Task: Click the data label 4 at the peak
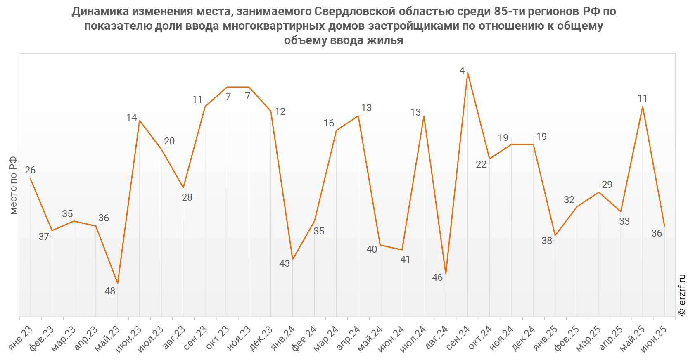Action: (x=462, y=71)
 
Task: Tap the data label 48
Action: (x=110, y=291)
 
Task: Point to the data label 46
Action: (x=437, y=277)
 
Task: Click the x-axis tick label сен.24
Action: (x=458, y=338)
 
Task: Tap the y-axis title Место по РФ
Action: (x=13, y=185)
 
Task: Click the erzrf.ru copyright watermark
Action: (x=682, y=295)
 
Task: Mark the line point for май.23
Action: (x=118, y=283)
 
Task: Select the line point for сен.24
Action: (x=467, y=73)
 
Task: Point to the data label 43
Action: (x=285, y=263)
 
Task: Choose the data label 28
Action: (x=187, y=197)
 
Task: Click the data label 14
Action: (x=131, y=118)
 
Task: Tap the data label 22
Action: (x=481, y=164)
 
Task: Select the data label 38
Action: (x=547, y=241)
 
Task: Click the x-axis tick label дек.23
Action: (x=261, y=338)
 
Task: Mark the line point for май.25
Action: (x=643, y=107)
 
